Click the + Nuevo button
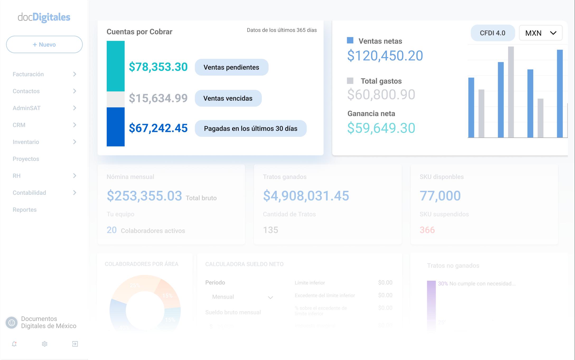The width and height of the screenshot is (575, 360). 44,44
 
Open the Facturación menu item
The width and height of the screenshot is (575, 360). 28,74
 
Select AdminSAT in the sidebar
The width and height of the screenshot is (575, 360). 27,108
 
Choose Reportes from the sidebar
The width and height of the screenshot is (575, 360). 25,210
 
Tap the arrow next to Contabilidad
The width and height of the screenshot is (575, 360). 74,193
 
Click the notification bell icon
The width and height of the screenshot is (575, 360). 14,344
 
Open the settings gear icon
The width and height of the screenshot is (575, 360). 45,344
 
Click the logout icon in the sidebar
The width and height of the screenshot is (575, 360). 75,344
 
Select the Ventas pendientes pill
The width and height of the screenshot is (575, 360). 231,67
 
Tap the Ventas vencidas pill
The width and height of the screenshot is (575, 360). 228,98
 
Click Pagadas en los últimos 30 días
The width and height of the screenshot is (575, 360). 250,128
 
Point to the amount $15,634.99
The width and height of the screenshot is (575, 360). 158,98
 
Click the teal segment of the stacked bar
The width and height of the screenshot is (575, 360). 116,66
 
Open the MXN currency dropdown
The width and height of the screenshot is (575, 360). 540,33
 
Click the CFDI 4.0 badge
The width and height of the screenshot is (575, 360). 493,33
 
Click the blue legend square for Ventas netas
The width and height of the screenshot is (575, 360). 350,40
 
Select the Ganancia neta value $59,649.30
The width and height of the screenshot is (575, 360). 381,128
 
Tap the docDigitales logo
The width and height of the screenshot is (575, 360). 44,17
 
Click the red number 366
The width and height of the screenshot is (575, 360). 427,230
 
